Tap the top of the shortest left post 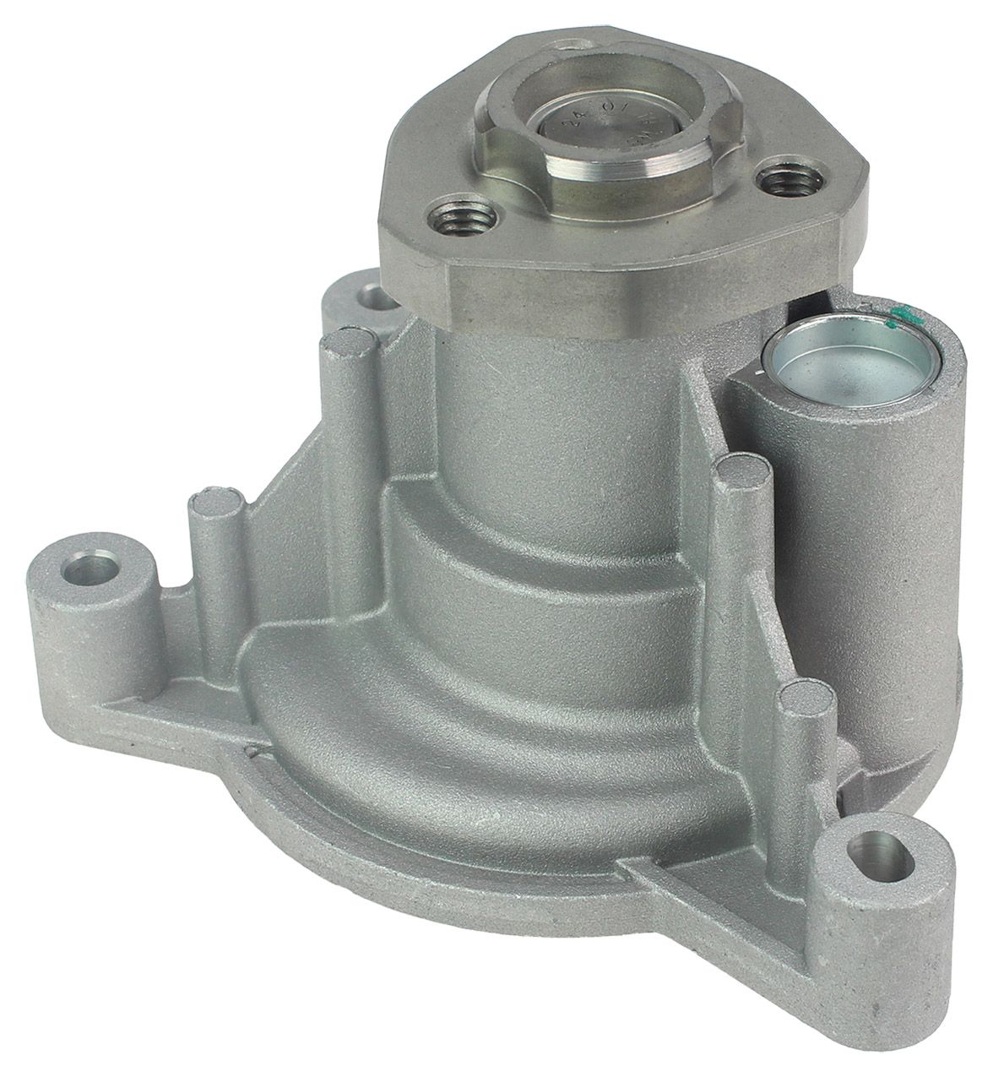click(x=210, y=507)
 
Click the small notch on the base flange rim click(x=252, y=748)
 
